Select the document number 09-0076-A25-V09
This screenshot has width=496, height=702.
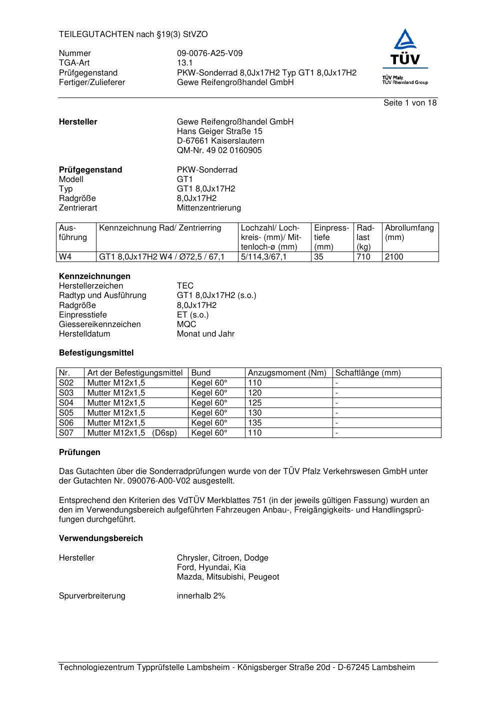209,53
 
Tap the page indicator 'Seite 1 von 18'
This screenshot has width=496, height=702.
409,103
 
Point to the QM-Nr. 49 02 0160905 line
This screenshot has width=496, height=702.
219,150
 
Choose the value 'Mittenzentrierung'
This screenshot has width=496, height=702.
208,208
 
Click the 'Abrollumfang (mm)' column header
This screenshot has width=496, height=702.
409,232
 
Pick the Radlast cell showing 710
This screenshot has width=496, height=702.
363,257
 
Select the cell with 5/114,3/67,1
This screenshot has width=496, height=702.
263,257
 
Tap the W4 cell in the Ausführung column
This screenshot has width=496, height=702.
65,257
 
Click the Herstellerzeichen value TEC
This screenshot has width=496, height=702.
185,286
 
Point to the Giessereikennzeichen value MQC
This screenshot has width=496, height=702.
186,324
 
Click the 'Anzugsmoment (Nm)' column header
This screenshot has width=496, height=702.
287,373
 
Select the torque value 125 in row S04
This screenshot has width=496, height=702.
254,403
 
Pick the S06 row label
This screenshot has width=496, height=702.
66,423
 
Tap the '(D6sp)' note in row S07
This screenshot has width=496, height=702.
165,433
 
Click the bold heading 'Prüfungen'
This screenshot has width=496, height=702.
79,452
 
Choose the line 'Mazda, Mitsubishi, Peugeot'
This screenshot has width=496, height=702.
228,577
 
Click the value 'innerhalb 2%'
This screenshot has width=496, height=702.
201,596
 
